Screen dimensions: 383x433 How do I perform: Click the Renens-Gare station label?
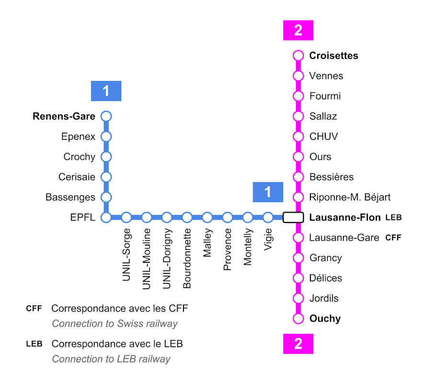(x=64, y=116)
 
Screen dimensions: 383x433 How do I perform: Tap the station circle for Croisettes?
(x=298, y=56)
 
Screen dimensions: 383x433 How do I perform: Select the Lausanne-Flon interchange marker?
(x=293, y=217)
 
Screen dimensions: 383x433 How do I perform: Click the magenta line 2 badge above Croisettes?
(x=298, y=30)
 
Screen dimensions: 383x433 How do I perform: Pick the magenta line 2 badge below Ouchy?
(x=298, y=344)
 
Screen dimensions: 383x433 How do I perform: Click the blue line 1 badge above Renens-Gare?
(x=106, y=91)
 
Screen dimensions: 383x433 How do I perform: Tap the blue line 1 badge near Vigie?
(x=268, y=192)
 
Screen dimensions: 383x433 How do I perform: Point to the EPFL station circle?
(x=106, y=217)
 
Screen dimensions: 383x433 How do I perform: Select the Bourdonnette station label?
(x=187, y=259)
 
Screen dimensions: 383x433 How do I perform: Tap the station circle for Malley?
(x=207, y=217)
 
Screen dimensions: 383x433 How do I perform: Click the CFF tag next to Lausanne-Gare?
(x=393, y=237)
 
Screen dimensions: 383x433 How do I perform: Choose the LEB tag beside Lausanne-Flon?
(x=393, y=217)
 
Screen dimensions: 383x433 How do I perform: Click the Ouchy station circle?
(x=298, y=318)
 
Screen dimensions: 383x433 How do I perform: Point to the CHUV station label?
(x=323, y=136)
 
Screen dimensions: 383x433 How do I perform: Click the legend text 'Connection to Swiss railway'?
(x=114, y=324)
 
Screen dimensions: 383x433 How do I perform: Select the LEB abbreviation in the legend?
(x=34, y=344)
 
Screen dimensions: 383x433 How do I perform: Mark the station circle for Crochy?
(x=106, y=157)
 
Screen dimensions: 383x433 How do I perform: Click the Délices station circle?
(x=298, y=278)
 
